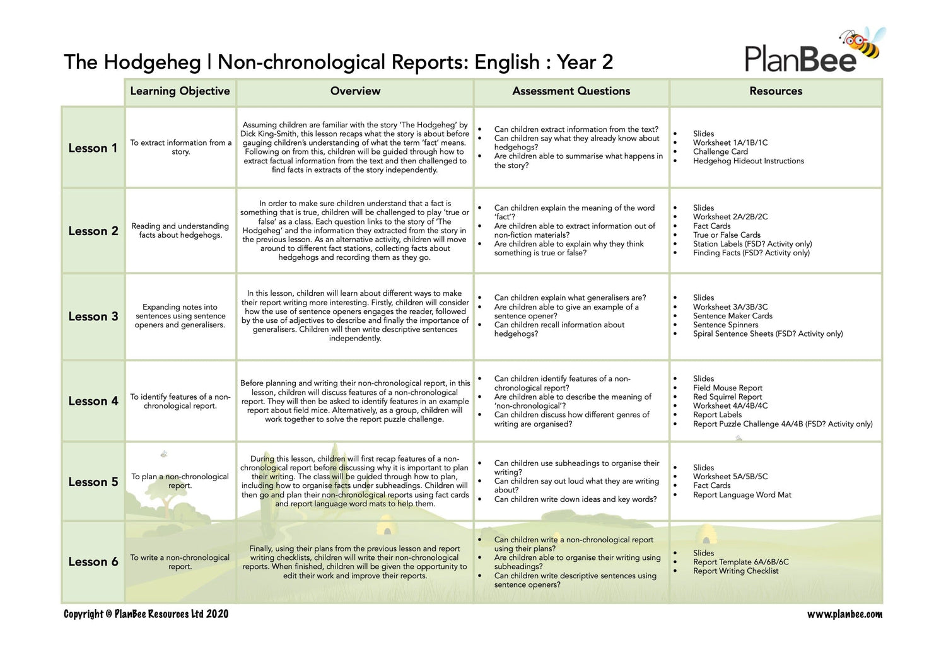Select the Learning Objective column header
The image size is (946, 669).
coord(180,91)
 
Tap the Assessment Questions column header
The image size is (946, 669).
coord(571,91)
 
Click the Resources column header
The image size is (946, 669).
coord(776,91)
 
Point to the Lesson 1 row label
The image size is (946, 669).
coord(93,148)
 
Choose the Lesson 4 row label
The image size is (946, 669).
coord(93,401)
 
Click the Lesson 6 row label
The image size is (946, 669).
coord(93,562)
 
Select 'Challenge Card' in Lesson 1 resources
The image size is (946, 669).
coord(720,152)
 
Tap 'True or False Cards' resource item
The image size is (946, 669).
coord(727,235)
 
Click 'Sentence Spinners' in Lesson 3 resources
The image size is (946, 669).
coord(725,325)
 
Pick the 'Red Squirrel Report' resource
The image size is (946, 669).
coord(727,397)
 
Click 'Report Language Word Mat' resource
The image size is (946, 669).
coord(742,495)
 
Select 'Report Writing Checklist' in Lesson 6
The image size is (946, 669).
coord(735,571)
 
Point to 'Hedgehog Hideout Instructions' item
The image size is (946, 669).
coord(748,161)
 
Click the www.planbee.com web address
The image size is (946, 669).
coord(844,614)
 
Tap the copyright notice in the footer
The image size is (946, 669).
coord(146,614)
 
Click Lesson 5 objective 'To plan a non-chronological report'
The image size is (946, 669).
coord(180,481)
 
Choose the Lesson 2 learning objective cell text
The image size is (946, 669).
coord(180,231)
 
